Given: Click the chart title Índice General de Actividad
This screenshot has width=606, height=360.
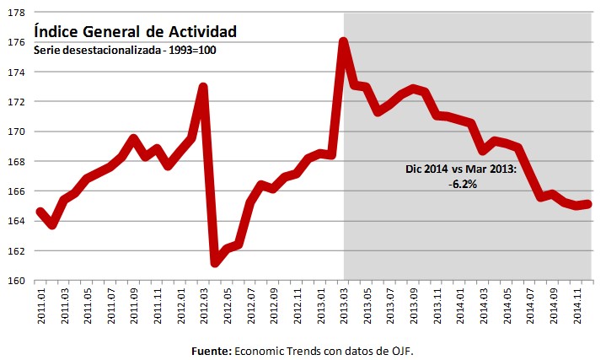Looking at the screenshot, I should (135, 31).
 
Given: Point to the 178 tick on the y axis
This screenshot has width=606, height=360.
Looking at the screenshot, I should (17, 13).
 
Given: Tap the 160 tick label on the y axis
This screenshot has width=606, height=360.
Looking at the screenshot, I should (17, 281).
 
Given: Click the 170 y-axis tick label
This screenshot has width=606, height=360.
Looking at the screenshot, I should (17, 132).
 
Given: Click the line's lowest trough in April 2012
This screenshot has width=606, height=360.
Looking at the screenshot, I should (216, 263).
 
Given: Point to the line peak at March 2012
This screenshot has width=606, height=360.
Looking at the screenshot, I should (203, 87).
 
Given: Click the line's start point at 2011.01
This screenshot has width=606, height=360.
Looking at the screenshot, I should (40, 211).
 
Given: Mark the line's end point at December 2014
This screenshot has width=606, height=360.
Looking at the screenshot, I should (589, 203).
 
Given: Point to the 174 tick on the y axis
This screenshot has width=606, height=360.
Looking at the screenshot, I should (17, 73).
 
